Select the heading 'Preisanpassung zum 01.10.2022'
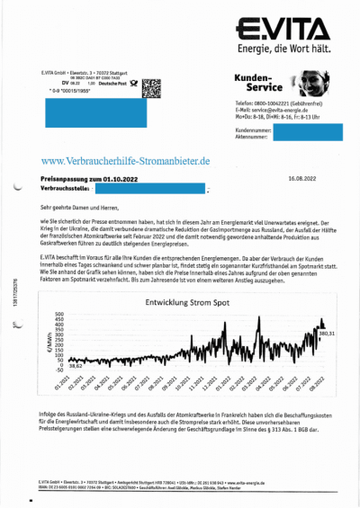pyautogui.click(x=87, y=180)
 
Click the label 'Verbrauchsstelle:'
pyautogui.click(x=68, y=190)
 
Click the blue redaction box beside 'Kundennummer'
pyautogui.click(x=302, y=132)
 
